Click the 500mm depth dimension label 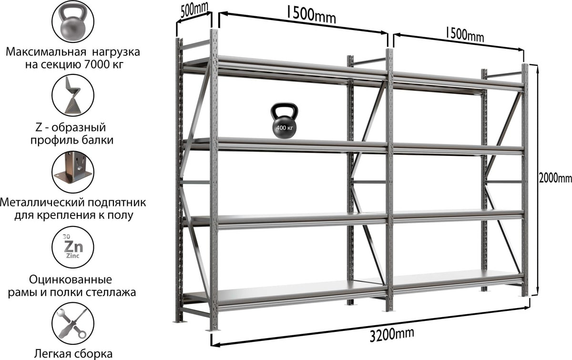[194, 10]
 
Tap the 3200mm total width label [392, 334]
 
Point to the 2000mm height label [555, 178]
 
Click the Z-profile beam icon [73, 95]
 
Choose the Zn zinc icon [73, 247]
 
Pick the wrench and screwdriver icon [73, 323]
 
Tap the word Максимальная [46, 52]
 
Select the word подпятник [117, 203]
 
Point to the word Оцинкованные [71, 279]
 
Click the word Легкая [52, 354]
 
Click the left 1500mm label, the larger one [311, 15]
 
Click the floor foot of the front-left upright [213, 330]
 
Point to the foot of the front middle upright [388, 310]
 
